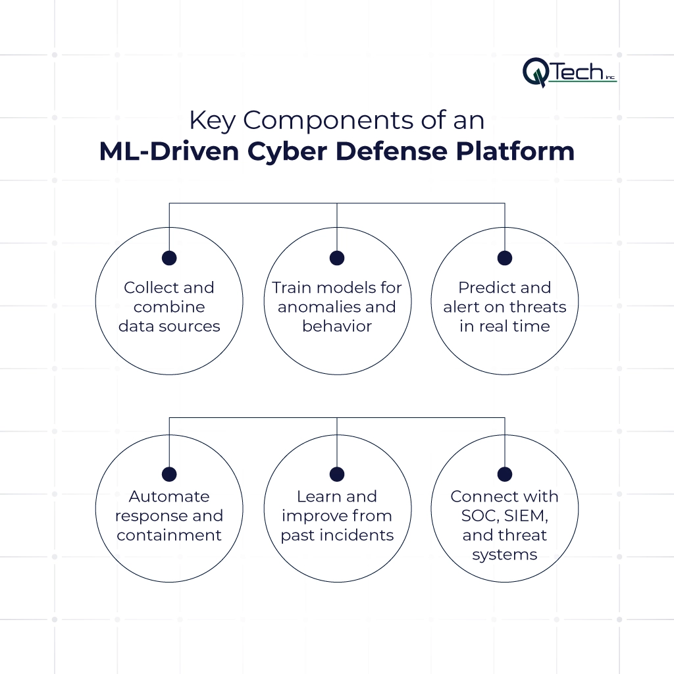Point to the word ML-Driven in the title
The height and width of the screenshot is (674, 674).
click(172, 151)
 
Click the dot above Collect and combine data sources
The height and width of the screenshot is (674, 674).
click(169, 258)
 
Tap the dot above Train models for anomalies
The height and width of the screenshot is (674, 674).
click(337, 258)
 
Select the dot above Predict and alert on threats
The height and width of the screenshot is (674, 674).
click(504, 258)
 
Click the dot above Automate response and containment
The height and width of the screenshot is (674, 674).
click(169, 474)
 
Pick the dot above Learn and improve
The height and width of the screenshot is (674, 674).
click(337, 474)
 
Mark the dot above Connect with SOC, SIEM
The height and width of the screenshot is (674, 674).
click(504, 474)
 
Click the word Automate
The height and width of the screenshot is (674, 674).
click(169, 496)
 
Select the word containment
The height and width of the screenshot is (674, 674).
click(169, 535)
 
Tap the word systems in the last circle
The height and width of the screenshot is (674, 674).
click(504, 555)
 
